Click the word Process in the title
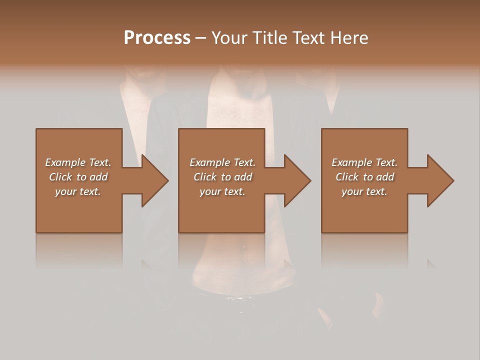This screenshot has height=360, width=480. pos(157,38)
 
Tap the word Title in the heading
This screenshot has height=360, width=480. pos(268,38)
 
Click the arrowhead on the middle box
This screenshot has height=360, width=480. pos(297,180)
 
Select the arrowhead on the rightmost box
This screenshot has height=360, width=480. pos(440,180)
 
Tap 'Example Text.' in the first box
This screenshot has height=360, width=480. pos(78,162)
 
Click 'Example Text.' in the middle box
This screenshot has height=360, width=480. pos(222,162)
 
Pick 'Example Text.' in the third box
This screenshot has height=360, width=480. pos(364,162)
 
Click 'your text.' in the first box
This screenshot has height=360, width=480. pos(78,191)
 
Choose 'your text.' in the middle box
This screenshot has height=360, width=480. pos(222,191)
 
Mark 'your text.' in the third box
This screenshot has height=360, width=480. pos(364,191)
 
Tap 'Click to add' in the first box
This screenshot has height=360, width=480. pos(78,177)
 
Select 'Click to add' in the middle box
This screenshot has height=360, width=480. pos(222,177)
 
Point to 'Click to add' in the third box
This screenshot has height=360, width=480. pos(364,177)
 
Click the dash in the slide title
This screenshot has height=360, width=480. pos(201,38)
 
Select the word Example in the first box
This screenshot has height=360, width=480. pos(65,162)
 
